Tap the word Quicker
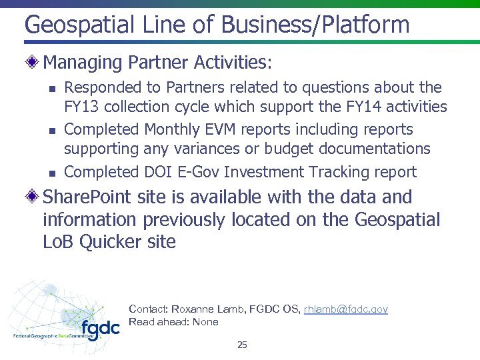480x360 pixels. point(108,241)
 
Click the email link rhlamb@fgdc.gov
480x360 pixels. point(345,309)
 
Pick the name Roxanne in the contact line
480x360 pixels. point(193,309)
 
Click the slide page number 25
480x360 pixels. point(242,345)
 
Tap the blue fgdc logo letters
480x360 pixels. point(100,329)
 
